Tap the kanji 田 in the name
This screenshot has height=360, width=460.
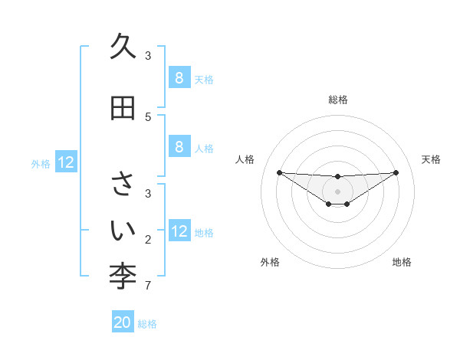tap(123, 108)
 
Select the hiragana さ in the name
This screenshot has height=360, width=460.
tap(123, 185)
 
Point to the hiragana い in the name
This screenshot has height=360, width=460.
tap(123, 229)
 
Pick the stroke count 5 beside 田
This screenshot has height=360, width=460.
tap(147, 117)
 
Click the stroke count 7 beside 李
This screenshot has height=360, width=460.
tap(147, 286)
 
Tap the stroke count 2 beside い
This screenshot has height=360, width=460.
tap(147, 241)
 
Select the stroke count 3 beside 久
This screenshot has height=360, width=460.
tap(147, 56)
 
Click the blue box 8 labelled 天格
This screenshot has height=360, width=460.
tap(179, 78)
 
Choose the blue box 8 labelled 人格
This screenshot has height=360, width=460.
tap(179, 147)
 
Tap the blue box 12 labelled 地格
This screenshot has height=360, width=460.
tap(179, 231)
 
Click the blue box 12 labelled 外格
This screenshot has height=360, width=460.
tap(66, 162)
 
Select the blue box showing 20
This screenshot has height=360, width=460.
tap(123, 322)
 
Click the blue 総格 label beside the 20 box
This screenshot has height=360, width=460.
tap(147, 324)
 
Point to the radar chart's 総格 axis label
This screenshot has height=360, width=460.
tap(337, 100)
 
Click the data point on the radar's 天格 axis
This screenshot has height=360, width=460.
tap(396, 172)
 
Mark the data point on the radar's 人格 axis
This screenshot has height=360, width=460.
tap(279, 172)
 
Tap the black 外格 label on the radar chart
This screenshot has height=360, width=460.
tap(270, 262)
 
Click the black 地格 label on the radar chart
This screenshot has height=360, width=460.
tap(402, 262)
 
